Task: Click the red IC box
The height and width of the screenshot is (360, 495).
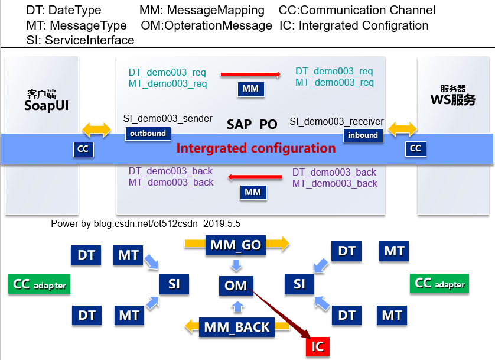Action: tap(317, 345)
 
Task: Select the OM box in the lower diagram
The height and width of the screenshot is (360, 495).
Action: tap(236, 286)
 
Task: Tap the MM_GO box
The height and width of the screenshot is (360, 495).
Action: tap(235, 245)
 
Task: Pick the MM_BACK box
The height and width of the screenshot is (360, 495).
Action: tap(236, 326)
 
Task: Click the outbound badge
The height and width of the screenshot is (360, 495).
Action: tap(148, 134)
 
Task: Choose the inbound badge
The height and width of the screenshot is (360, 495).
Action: tap(362, 135)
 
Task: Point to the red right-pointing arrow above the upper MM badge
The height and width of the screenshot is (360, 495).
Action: tap(250, 74)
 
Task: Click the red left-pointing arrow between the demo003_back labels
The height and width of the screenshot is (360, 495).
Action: tap(255, 176)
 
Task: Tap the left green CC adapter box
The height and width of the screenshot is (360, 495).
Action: tap(38, 284)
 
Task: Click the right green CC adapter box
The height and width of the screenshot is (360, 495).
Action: tap(440, 284)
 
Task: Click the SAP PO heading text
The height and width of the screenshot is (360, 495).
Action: tap(252, 124)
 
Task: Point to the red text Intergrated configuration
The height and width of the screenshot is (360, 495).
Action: tap(256, 148)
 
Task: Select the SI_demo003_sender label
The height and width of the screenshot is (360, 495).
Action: tap(168, 119)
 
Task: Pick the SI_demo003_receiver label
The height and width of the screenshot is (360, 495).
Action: tap(336, 121)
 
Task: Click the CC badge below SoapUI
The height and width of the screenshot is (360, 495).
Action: tap(83, 149)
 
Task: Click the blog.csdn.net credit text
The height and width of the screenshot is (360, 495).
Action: tap(145, 224)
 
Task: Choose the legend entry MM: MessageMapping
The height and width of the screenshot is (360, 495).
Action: tap(202, 10)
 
